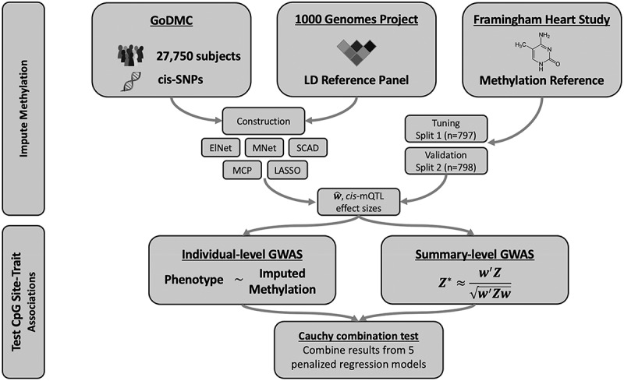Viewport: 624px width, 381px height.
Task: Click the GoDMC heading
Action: click(172, 20)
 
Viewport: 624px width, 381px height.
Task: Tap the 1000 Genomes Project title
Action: click(356, 19)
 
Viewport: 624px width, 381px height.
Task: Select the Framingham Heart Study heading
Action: click(541, 19)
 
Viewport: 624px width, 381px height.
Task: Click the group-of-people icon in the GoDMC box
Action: click(130, 55)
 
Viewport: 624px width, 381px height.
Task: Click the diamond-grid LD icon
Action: click(356, 51)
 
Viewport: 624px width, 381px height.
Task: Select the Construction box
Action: click(264, 121)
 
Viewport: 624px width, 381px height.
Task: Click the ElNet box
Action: click(222, 148)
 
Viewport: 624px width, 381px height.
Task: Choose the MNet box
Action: click(264, 148)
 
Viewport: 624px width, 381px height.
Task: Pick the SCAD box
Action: click(307, 148)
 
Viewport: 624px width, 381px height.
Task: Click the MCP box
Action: click(243, 170)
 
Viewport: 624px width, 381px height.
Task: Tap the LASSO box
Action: click(287, 170)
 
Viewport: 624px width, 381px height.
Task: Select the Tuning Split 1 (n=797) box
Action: click(445, 129)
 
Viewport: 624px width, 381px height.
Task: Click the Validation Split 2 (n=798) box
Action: click(445, 161)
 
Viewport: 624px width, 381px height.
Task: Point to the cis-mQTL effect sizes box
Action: click(359, 201)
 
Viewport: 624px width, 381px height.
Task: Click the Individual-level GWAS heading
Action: click(243, 255)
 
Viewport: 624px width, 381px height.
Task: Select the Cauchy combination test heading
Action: click(359, 336)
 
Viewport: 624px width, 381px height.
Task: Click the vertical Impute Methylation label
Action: click(23, 108)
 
